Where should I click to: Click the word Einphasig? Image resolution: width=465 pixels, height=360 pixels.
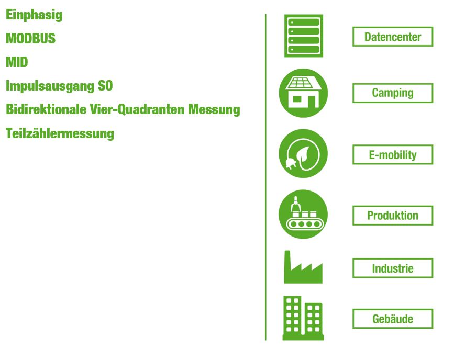click(34, 15)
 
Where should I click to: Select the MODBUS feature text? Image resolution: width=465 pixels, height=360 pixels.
click(30, 39)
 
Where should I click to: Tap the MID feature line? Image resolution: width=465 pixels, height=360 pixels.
click(17, 62)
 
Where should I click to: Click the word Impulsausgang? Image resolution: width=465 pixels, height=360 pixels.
click(50, 86)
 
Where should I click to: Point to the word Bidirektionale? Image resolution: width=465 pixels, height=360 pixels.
click(46, 109)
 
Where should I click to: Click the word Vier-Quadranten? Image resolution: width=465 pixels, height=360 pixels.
click(137, 109)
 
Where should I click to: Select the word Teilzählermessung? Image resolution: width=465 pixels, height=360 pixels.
click(60, 133)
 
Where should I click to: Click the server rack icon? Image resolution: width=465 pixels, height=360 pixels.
click(303, 36)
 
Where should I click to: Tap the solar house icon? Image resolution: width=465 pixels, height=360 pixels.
click(303, 93)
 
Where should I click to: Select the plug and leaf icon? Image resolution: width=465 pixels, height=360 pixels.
click(303, 153)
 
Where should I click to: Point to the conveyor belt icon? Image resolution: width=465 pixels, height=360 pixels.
click(303, 214)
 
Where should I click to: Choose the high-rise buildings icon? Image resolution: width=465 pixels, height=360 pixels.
click(303, 318)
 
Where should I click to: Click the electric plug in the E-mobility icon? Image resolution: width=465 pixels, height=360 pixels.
click(290, 163)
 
